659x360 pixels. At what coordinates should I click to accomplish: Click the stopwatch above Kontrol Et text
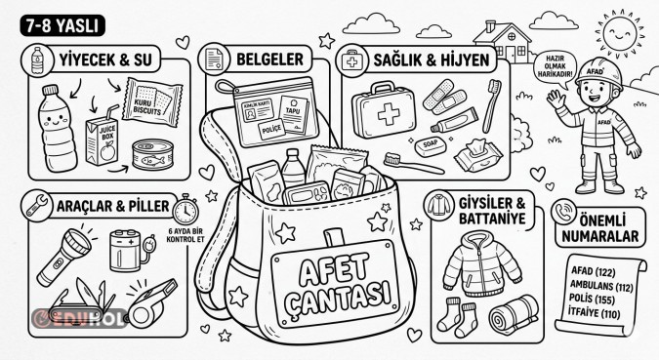(190, 208)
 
